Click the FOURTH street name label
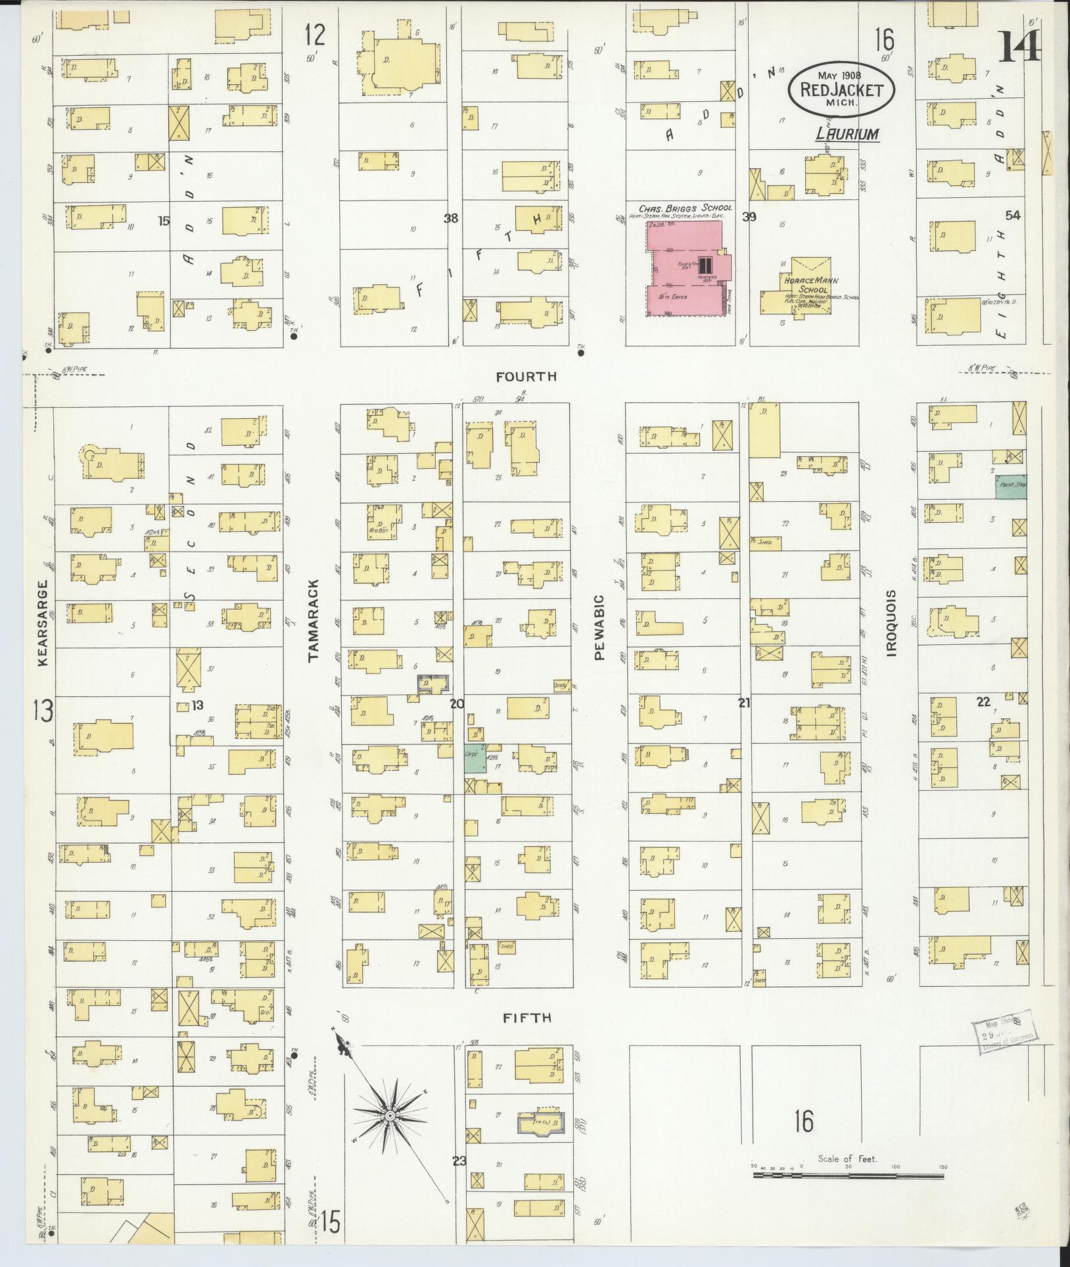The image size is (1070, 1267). pyautogui.click(x=526, y=377)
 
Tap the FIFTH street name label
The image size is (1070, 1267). pyautogui.click(x=526, y=1018)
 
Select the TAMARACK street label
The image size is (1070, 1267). pyautogui.click(x=313, y=619)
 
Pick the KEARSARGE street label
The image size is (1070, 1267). pyautogui.click(x=43, y=622)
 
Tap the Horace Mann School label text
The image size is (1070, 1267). pyautogui.click(x=810, y=285)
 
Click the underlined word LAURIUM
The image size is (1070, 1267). pyautogui.click(x=847, y=134)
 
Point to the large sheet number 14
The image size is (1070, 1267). pyautogui.click(x=1019, y=46)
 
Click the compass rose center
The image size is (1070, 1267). pyautogui.click(x=390, y=1116)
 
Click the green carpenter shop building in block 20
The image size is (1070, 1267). pyautogui.click(x=476, y=761)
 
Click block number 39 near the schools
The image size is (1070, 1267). pyautogui.click(x=749, y=217)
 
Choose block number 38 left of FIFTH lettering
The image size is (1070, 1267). pyautogui.click(x=450, y=218)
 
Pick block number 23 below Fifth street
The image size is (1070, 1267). pyautogui.click(x=458, y=1160)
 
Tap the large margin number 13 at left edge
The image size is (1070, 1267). pyautogui.click(x=43, y=711)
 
